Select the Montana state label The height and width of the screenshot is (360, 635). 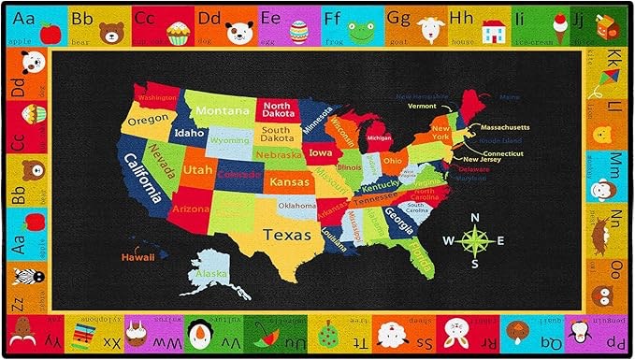pyautogui.click(x=222, y=110)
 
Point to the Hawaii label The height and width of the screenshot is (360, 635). pyautogui.click(x=138, y=255)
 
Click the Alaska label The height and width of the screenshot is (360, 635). pyautogui.click(x=209, y=274)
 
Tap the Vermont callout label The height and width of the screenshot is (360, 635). pyautogui.click(x=423, y=106)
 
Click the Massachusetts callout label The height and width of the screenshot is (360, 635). pyautogui.click(x=506, y=126)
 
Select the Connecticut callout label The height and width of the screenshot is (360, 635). pyautogui.click(x=503, y=153)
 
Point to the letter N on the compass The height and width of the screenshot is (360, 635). pyautogui.click(x=475, y=218)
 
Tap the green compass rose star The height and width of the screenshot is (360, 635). pyautogui.click(x=476, y=240)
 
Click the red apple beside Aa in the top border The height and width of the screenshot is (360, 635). pyautogui.click(x=51, y=31)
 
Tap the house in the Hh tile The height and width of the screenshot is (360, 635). pyautogui.click(x=494, y=33)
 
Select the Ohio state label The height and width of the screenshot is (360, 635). pyautogui.click(x=393, y=160)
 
